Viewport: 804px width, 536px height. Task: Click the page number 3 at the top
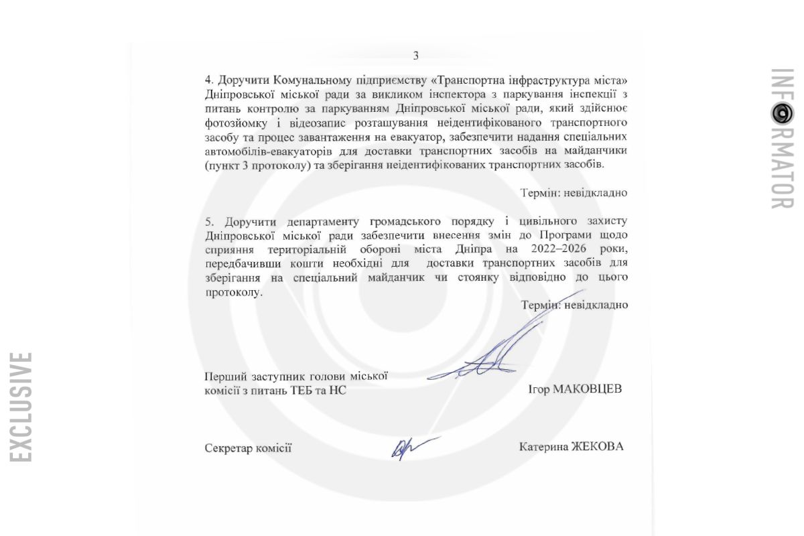415,56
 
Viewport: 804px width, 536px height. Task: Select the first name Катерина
543,447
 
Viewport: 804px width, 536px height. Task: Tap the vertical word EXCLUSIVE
21,407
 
